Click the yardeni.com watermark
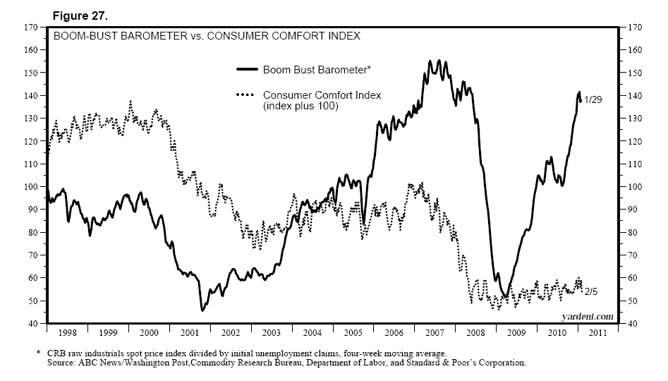586,317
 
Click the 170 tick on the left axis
30,27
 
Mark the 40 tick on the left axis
32,324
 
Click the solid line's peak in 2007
431,61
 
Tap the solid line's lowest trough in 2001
202,310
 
